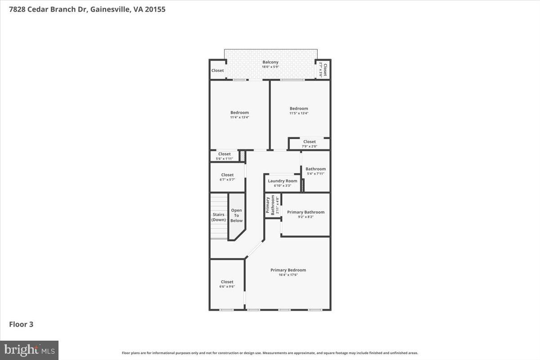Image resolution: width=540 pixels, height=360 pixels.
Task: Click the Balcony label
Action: tap(270, 62)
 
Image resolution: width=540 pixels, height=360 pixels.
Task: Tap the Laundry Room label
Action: tap(283, 181)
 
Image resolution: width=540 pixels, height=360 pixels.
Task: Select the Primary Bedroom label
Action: tap(288, 270)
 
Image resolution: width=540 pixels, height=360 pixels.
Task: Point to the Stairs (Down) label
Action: tap(219, 217)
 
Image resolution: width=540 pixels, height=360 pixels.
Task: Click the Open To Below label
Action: tap(236, 216)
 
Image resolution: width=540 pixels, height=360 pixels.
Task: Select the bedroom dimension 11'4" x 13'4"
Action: tap(239, 117)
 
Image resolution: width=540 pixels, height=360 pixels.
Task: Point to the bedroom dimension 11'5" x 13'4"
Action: tap(299, 113)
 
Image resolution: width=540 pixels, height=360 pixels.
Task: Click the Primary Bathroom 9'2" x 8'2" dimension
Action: tap(306, 217)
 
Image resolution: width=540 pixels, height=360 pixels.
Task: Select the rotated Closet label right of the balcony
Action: tap(323, 70)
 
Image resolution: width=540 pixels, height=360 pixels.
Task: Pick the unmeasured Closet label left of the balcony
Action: tap(218, 71)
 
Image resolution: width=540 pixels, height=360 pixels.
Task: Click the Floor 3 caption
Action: tap(21, 324)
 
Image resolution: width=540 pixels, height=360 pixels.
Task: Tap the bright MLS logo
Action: tap(29, 350)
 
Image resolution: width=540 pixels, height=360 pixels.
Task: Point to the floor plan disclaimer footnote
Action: tap(270, 353)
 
